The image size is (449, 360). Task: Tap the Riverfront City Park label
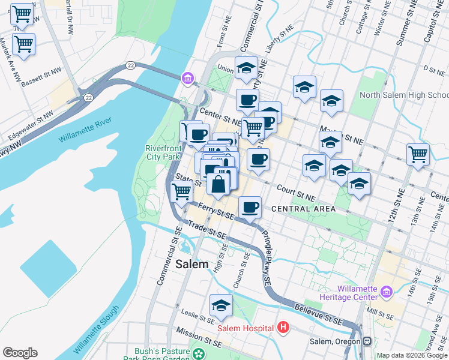[163, 152]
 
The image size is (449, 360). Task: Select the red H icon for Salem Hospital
[284, 328]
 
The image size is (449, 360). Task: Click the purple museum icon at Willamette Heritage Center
[385, 292]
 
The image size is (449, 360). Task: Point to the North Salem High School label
[403, 95]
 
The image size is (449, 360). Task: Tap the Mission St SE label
[199, 337]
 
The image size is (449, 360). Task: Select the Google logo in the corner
[20, 353]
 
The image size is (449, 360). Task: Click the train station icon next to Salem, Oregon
[366, 341]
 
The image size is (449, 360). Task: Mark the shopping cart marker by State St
[181, 191]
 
